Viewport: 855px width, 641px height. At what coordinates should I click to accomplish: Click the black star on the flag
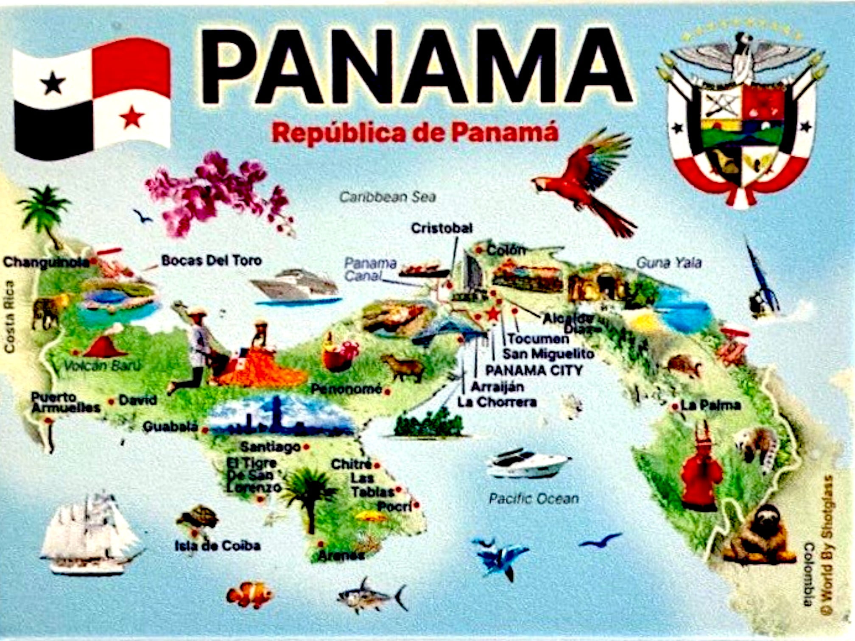[x=53, y=83]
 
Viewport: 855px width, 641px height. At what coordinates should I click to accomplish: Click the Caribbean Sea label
[x=387, y=197]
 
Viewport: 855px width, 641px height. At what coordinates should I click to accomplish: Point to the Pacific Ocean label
[x=534, y=499]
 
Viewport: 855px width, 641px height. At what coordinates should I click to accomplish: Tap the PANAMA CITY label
[x=534, y=371]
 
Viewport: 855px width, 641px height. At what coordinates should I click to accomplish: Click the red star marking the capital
[x=493, y=315]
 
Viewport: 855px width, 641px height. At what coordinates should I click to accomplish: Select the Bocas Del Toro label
[x=211, y=260]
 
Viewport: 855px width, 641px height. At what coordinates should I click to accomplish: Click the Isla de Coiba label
[x=217, y=546]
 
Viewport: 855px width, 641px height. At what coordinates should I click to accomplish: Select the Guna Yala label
[x=669, y=263]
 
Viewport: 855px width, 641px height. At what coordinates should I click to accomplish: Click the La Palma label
[x=710, y=406]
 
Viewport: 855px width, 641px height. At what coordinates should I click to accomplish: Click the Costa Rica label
[x=9, y=316]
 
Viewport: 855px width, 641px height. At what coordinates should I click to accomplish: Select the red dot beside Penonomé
[x=387, y=392]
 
